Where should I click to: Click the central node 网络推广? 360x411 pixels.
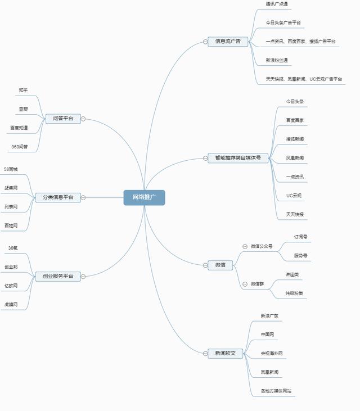(144, 197)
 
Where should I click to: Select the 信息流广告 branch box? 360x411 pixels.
(228, 41)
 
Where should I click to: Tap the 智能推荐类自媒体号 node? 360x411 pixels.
(238, 158)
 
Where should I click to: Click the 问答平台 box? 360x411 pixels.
(63, 119)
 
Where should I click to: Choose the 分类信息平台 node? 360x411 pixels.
(54, 197)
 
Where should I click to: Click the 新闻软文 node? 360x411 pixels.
(225, 354)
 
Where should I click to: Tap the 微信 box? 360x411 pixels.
(220, 265)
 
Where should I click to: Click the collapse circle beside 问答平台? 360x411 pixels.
(83, 119)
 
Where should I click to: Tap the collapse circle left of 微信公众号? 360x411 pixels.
(245, 246)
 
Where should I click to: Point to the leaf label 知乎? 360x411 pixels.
(23, 91)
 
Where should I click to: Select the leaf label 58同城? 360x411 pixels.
(11, 169)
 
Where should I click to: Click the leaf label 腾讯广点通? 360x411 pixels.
(277, 4)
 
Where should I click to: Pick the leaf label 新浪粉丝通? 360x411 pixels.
(278, 60)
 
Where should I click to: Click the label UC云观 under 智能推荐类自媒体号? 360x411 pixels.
(294, 196)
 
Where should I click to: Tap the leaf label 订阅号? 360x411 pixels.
(300, 237)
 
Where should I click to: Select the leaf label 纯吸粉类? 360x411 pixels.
(294, 293)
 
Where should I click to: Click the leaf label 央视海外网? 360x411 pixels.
(271, 354)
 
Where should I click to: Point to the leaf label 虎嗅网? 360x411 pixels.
(11, 304)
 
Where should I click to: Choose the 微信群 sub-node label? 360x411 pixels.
(258, 284)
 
